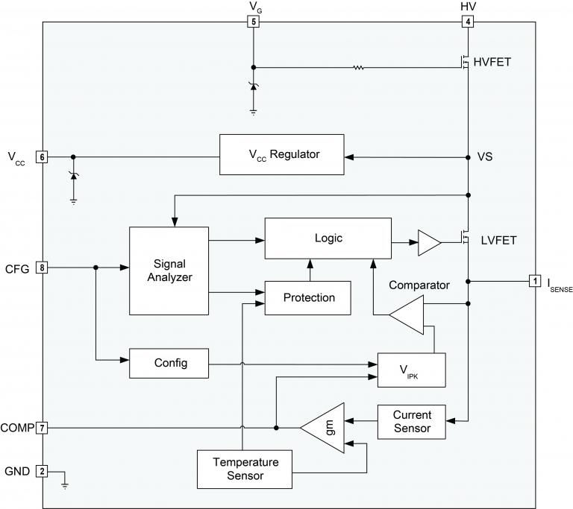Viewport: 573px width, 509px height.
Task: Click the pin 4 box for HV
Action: (468, 22)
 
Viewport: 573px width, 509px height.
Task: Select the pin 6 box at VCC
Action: (43, 157)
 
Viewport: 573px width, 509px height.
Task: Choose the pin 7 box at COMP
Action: (43, 428)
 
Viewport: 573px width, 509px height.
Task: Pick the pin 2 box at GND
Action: (43, 471)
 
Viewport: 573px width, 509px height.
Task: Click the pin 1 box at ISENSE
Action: (535, 281)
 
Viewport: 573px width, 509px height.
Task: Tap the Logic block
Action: (328, 238)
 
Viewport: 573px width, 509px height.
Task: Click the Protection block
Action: (308, 297)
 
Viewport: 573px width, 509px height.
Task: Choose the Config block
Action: (170, 363)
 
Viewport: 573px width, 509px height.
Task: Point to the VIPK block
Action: (411, 369)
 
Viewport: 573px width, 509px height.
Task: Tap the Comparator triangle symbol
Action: (409, 315)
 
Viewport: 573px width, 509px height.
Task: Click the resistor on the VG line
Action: (359, 68)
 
